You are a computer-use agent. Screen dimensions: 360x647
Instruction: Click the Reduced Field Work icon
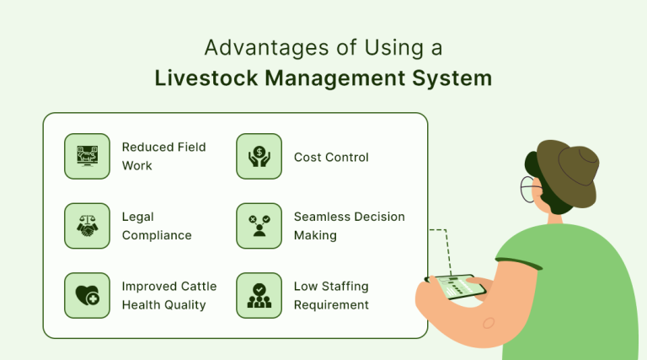87,156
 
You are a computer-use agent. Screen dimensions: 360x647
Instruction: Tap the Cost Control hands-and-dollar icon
259,156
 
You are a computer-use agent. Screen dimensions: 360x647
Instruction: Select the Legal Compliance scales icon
87,226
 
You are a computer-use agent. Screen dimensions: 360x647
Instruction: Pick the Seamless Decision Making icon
259,226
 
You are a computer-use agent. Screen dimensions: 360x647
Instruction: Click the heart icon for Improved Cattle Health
87,295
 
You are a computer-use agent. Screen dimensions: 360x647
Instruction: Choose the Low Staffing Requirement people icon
259,295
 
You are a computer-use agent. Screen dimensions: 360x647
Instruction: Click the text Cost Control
331,157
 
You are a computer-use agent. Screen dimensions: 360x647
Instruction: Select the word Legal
138,217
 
